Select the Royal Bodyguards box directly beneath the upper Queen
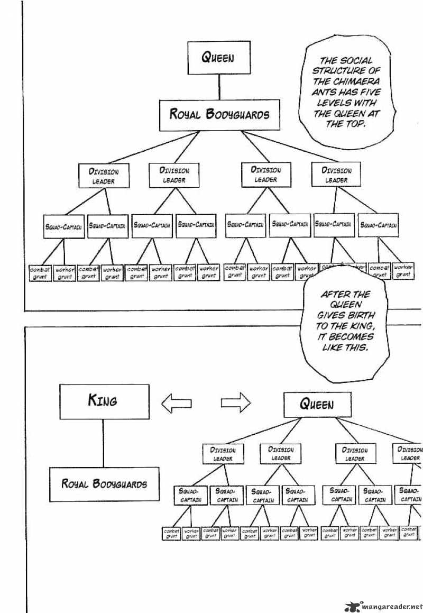tap(219, 115)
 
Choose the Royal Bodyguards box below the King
tap(104, 483)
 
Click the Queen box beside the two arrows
tap(317, 405)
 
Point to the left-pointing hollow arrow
tap(176, 405)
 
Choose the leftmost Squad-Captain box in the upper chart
tap(63, 226)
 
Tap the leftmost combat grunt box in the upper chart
tap(40, 272)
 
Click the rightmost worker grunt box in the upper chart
tap(403, 271)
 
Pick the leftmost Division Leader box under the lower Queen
tap(223, 454)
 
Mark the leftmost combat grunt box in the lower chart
tap(171, 533)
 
